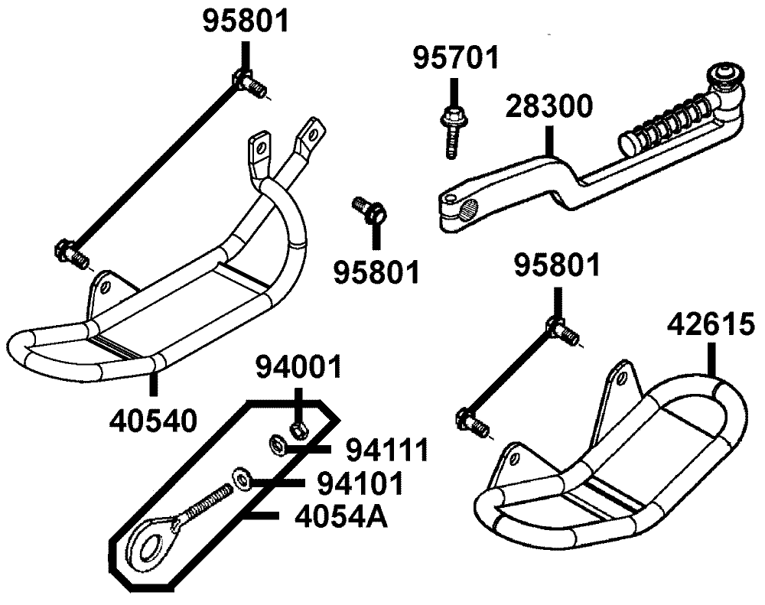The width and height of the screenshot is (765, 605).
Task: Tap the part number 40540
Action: click(153, 418)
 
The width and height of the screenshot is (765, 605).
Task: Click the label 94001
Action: click(298, 371)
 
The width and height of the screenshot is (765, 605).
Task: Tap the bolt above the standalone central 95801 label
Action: click(368, 208)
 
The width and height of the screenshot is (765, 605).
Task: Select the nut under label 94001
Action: click(300, 429)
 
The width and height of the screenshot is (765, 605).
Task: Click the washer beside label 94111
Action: click(277, 443)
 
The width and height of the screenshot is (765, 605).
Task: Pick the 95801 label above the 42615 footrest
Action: click(557, 268)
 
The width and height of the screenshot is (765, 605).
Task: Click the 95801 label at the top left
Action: click(246, 21)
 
